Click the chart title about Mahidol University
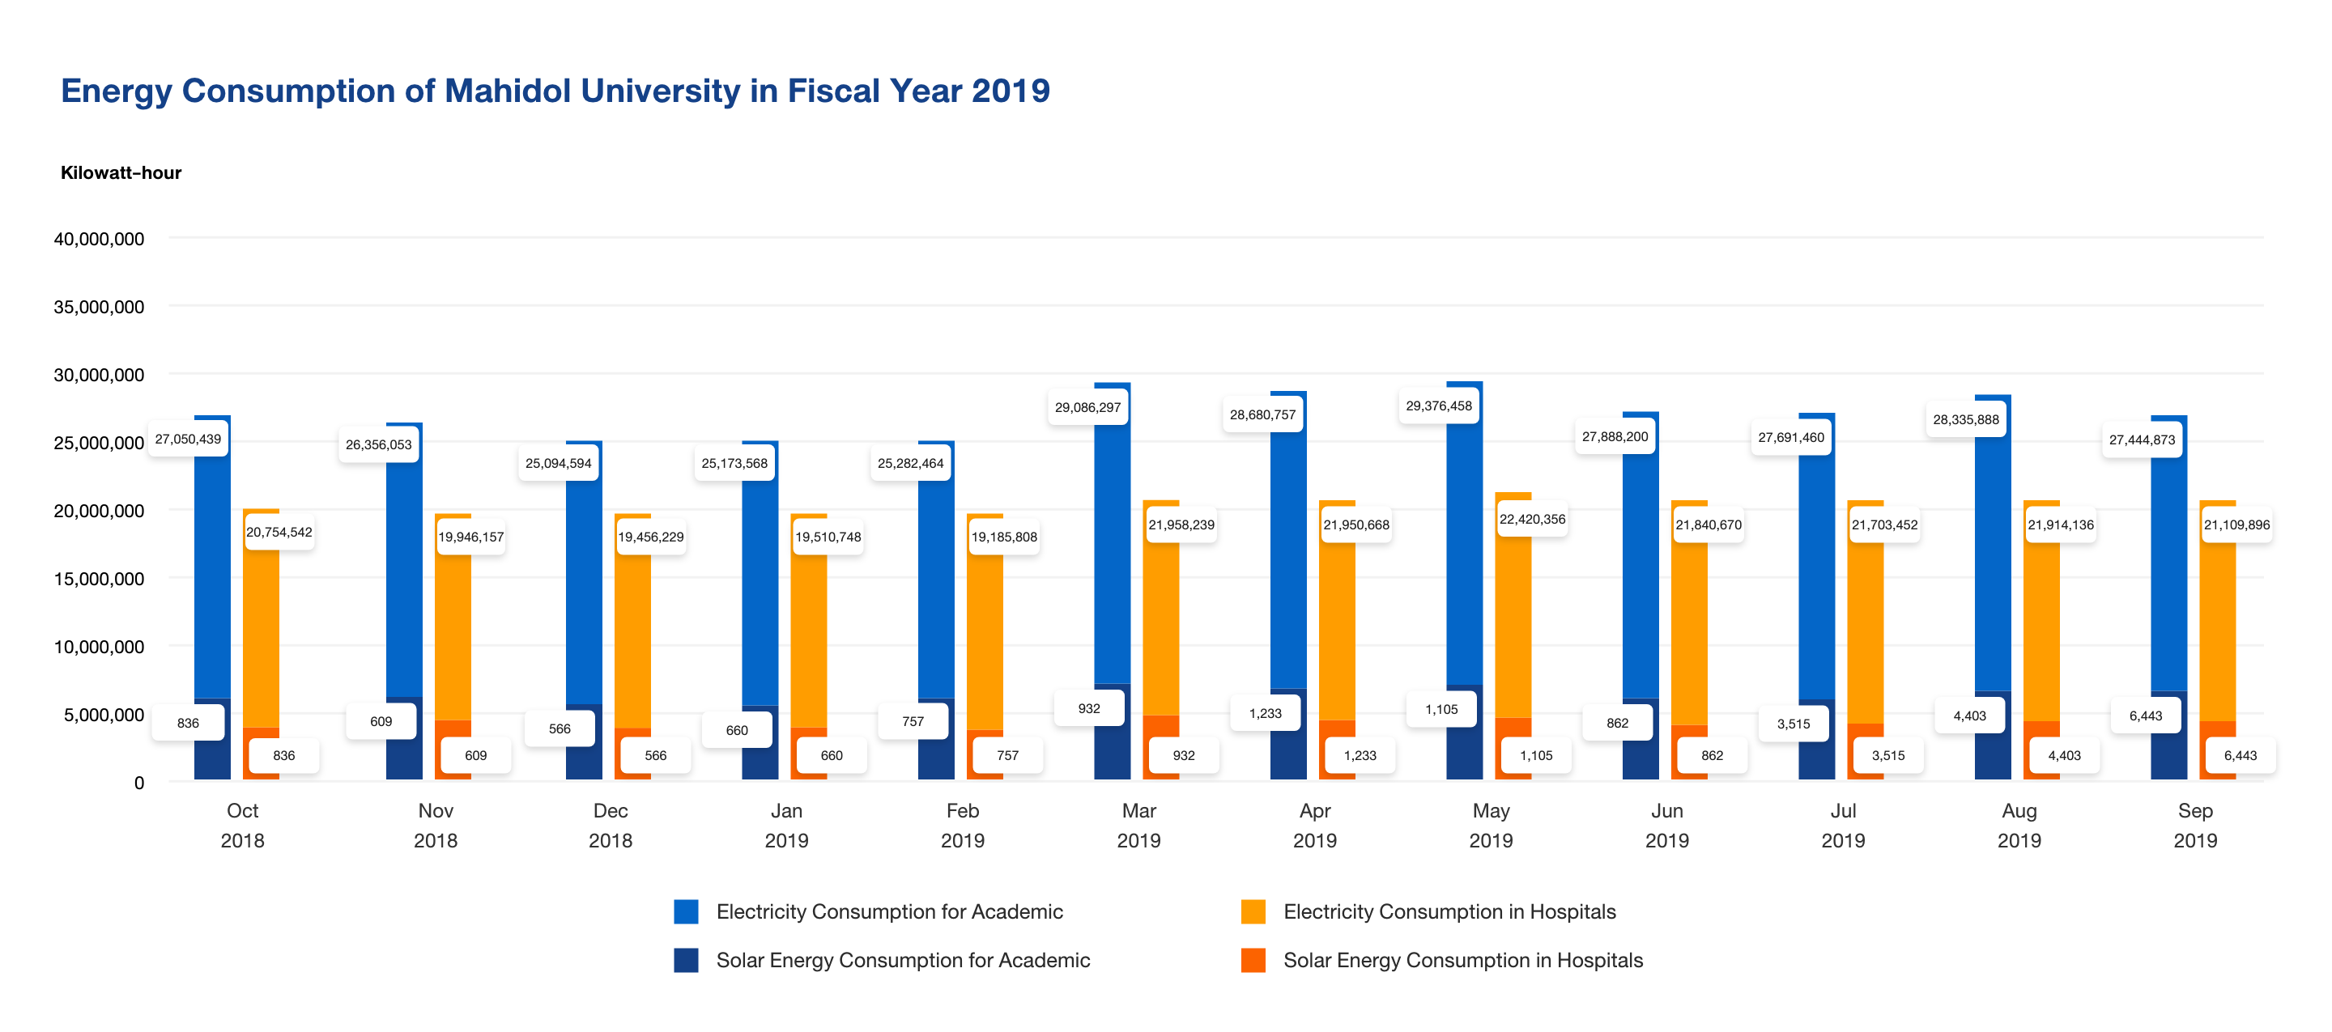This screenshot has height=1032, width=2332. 555,91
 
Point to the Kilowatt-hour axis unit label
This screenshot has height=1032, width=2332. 121,173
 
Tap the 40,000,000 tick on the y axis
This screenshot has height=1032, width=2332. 99,239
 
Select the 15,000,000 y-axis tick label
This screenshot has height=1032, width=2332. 99,579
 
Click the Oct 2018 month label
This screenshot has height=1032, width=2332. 243,825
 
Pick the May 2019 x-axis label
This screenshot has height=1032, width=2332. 1490,825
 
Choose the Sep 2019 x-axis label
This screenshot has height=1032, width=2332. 2194,825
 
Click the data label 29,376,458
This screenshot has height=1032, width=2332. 1439,406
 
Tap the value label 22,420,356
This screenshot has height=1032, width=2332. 1532,519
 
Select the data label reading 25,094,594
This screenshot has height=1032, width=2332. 558,463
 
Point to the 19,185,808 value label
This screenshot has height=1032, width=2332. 1004,537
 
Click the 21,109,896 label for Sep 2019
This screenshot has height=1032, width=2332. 2236,524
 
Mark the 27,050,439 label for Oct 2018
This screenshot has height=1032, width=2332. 187,439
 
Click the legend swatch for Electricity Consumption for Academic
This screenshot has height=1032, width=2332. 686,911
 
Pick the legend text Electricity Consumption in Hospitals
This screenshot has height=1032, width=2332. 1449,911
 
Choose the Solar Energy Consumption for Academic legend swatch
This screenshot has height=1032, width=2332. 686,960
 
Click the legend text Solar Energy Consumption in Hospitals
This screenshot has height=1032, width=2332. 1462,960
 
